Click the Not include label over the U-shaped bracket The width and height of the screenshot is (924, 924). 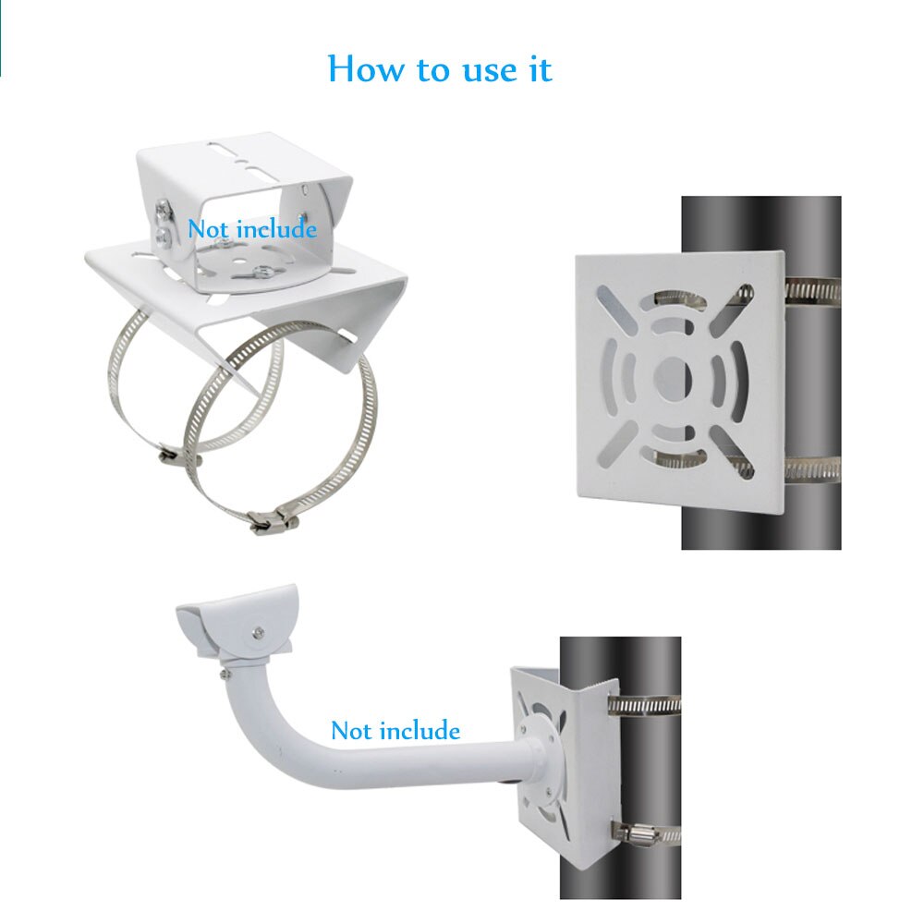tap(252, 229)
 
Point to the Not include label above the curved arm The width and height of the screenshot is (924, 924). tap(395, 731)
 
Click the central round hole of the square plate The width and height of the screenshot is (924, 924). tap(674, 377)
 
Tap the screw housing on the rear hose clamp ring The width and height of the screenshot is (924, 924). tap(178, 456)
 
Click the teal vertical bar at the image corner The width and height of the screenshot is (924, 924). tap(2, 37)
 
